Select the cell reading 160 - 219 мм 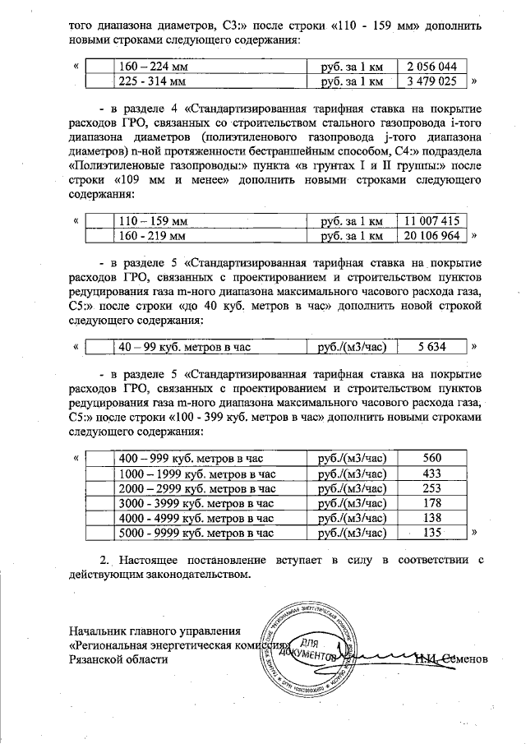click(154, 236)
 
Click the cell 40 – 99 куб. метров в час click(184, 348)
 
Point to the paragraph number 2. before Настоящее click(104, 560)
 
